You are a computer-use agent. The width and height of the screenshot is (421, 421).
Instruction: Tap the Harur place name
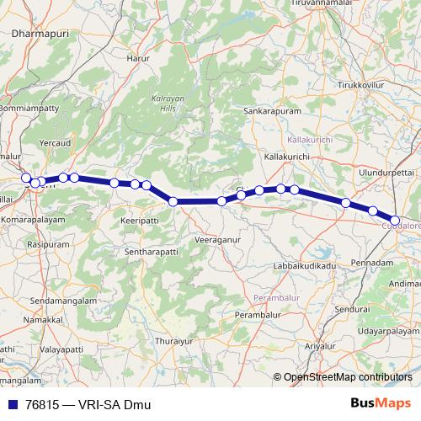pos(136,59)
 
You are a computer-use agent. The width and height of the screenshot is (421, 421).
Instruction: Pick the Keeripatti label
pos(140,217)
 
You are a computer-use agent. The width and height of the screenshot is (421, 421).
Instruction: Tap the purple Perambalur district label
pos(276,298)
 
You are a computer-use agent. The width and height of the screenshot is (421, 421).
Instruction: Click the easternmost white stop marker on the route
pos(395,221)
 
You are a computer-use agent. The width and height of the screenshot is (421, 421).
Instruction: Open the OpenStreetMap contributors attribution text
pos(348,377)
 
